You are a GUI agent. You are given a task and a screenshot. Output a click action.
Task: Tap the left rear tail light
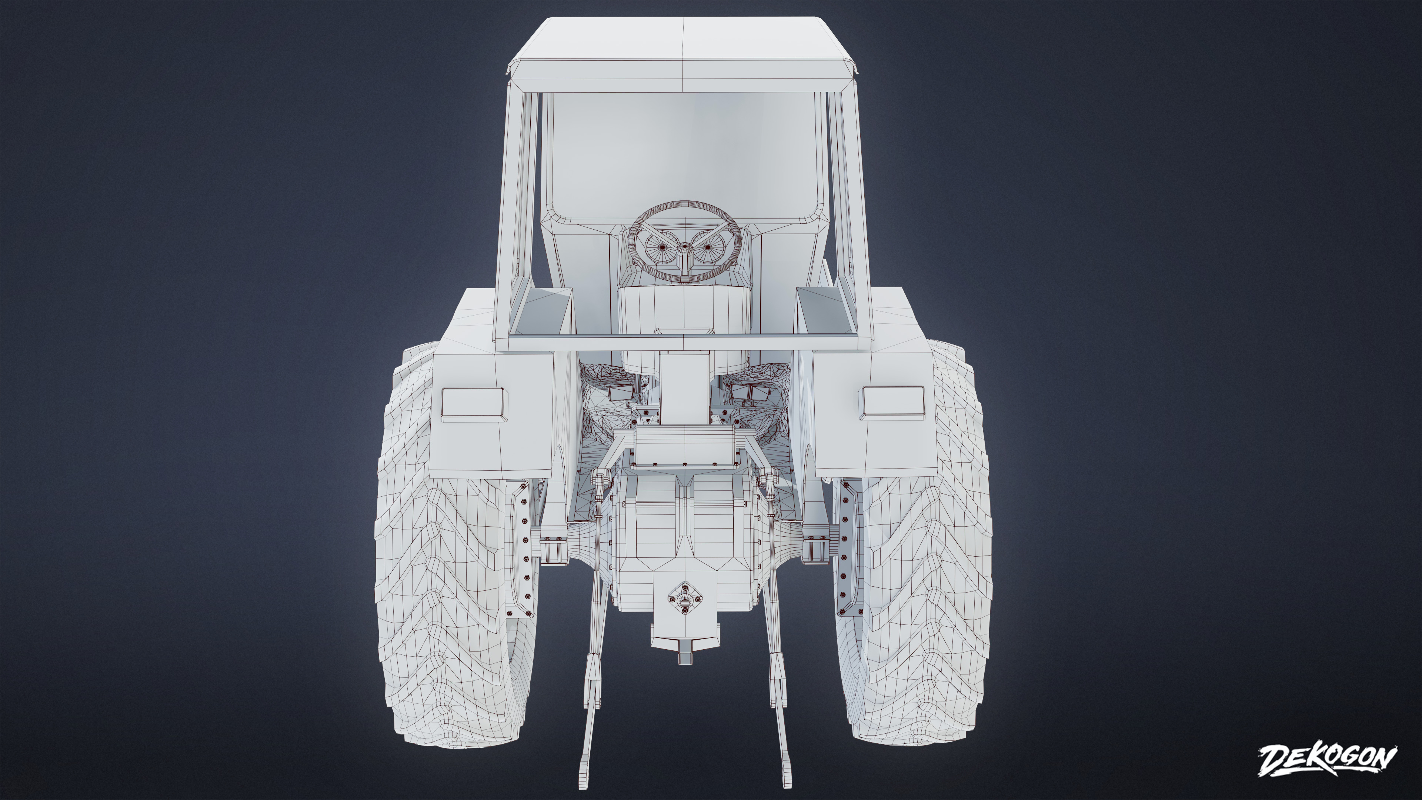coord(473,401)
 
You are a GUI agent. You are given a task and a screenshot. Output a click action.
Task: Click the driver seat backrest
coord(684,320)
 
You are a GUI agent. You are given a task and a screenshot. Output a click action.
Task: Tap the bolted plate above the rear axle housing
coord(684,447)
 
